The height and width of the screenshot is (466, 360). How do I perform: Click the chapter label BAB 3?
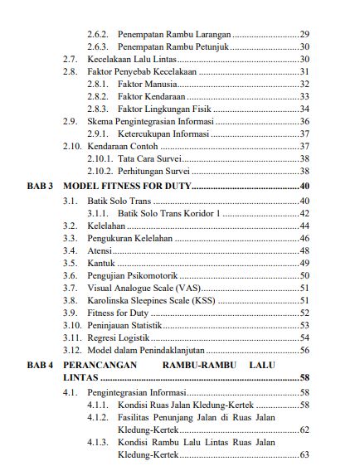(x=41, y=186)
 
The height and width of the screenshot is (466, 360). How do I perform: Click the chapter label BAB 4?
(x=41, y=364)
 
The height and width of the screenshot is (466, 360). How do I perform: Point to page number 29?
(x=304, y=34)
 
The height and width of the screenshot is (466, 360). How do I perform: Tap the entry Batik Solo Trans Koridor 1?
(x=170, y=213)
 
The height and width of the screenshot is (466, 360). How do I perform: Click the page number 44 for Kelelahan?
(x=304, y=226)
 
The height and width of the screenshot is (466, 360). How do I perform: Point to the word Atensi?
(x=100, y=250)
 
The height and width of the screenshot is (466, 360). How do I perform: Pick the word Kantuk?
(x=100, y=263)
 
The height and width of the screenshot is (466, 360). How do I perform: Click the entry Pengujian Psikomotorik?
(x=134, y=275)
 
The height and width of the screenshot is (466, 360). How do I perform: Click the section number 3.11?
(x=71, y=337)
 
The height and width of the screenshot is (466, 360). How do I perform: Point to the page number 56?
(x=304, y=350)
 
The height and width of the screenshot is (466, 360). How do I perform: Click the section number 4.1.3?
(x=98, y=443)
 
